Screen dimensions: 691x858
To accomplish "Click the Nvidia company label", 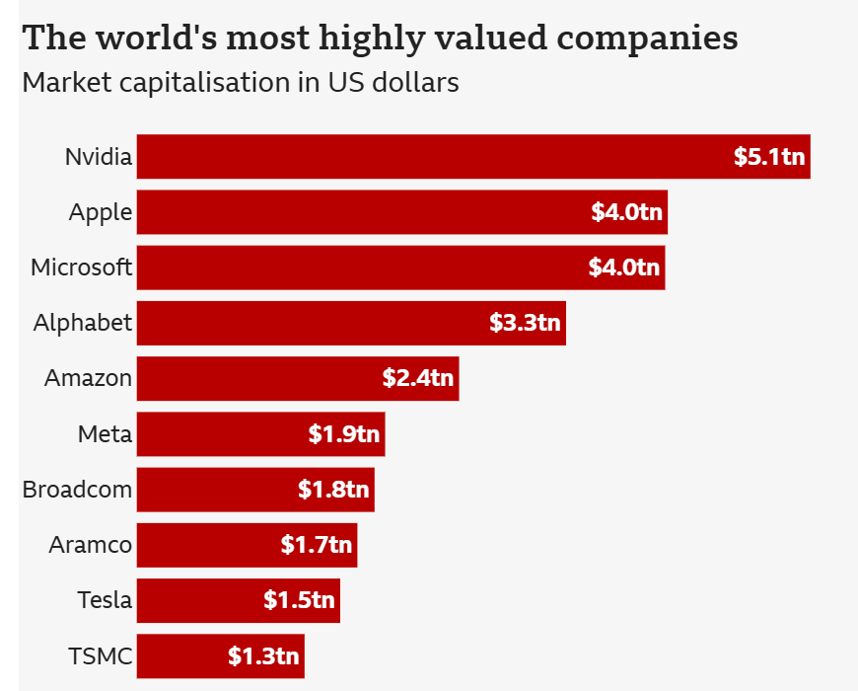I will [98, 156].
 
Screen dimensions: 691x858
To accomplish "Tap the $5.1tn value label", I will [769, 156].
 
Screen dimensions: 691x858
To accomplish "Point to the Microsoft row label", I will [81, 268].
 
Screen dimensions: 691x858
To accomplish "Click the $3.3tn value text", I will [525, 323].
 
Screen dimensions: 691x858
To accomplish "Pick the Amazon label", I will [88, 378].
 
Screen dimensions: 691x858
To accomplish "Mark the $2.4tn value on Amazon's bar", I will [418, 378].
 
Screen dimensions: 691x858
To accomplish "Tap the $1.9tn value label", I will [343, 434].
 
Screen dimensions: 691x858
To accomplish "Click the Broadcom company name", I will [77, 490].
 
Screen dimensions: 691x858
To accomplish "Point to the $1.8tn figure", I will [333, 490].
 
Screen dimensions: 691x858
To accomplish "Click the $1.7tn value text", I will [316, 545].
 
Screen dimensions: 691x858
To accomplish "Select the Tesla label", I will [105, 600].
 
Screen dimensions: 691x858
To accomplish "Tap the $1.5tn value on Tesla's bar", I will [299, 600].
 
